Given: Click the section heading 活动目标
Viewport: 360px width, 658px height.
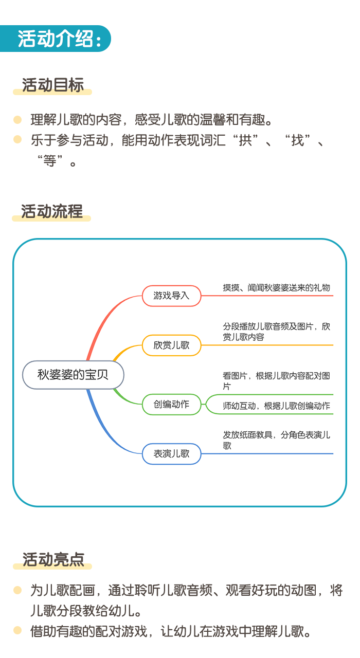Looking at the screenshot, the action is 53,85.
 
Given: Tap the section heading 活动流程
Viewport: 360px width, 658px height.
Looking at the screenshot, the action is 52,211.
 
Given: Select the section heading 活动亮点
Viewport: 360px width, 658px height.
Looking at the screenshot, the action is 53,559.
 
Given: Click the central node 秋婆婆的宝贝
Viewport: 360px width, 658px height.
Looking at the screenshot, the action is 73,375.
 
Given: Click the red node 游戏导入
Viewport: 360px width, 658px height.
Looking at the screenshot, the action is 172,296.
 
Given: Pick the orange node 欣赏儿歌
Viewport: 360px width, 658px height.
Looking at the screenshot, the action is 172,345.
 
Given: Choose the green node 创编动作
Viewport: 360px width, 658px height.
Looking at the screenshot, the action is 172,405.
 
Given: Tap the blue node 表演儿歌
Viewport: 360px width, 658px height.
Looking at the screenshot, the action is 172,454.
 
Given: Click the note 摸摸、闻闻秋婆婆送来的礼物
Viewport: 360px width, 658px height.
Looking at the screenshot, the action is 276,287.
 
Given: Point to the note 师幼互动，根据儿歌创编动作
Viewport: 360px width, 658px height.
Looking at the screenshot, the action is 276,406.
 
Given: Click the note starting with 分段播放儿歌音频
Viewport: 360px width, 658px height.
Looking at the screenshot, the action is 276,332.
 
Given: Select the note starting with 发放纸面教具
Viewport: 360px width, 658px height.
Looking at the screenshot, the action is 276,440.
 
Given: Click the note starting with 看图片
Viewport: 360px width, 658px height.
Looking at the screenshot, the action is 276,381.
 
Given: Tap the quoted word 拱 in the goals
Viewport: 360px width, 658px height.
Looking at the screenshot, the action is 245,140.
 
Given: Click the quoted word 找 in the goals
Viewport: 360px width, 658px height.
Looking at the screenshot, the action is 297,140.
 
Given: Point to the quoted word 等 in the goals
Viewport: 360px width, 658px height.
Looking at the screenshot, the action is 50,161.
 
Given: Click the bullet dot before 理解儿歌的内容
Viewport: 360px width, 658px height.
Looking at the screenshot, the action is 17,120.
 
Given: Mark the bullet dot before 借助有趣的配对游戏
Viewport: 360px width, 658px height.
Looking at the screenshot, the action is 17,630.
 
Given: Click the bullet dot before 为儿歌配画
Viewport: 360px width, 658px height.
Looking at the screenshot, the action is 17,590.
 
